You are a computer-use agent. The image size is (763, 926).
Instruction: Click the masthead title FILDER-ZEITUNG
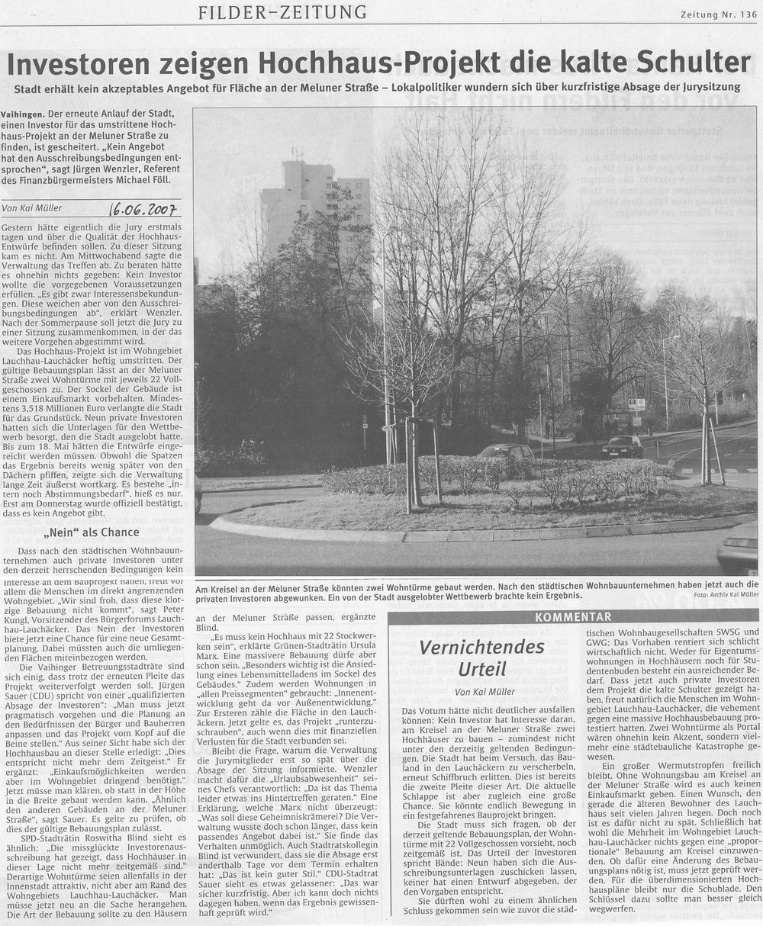click(282, 12)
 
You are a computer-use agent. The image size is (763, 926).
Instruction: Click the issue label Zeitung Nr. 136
click(719, 14)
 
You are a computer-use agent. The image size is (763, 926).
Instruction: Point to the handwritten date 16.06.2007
click(144, 208)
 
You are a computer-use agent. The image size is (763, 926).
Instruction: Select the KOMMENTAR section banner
click(573, 616)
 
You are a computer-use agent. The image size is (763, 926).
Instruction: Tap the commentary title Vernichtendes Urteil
click(481, 658)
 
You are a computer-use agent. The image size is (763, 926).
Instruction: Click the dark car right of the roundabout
click(622, 447)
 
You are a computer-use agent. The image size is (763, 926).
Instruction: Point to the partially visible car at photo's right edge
click(739, 548)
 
